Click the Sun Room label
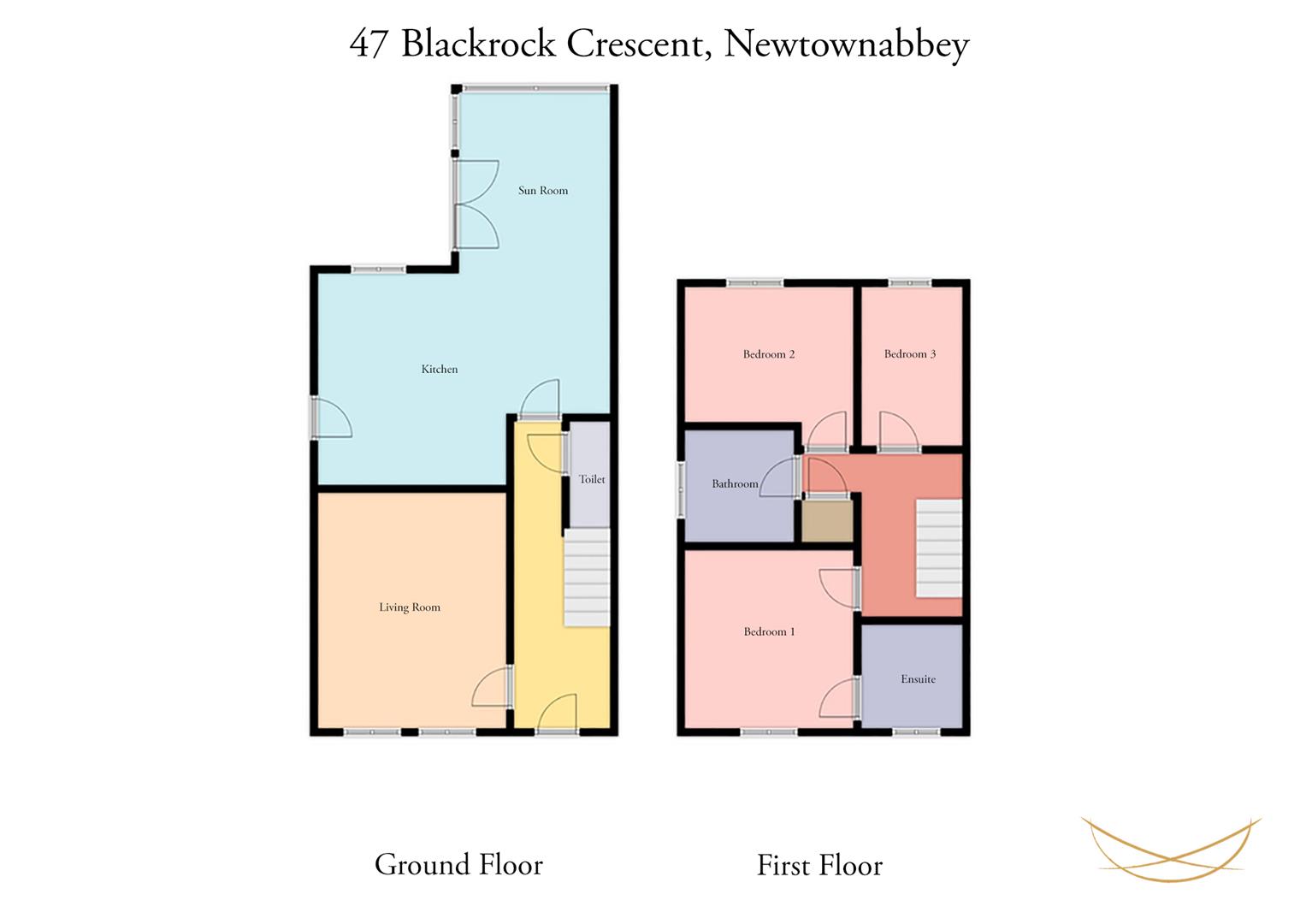pos(543,190)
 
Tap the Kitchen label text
pos(440,369)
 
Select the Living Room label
pos(410,607)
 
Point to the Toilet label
pos(592,479)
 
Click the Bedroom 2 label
pos(768,354)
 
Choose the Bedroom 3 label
pos(909,353)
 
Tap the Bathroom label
pos(735,483)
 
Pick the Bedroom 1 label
pos(769,631)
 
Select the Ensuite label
pos(919,679)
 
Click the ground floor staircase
pos(587,577)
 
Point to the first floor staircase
pos(939,548)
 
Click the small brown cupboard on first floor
pos(827,520)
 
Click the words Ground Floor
pos(458,864)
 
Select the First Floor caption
pos(819,865)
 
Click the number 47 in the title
pos(369,44)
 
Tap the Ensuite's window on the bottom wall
pos(917,732)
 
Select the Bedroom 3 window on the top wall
pos(910,283)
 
